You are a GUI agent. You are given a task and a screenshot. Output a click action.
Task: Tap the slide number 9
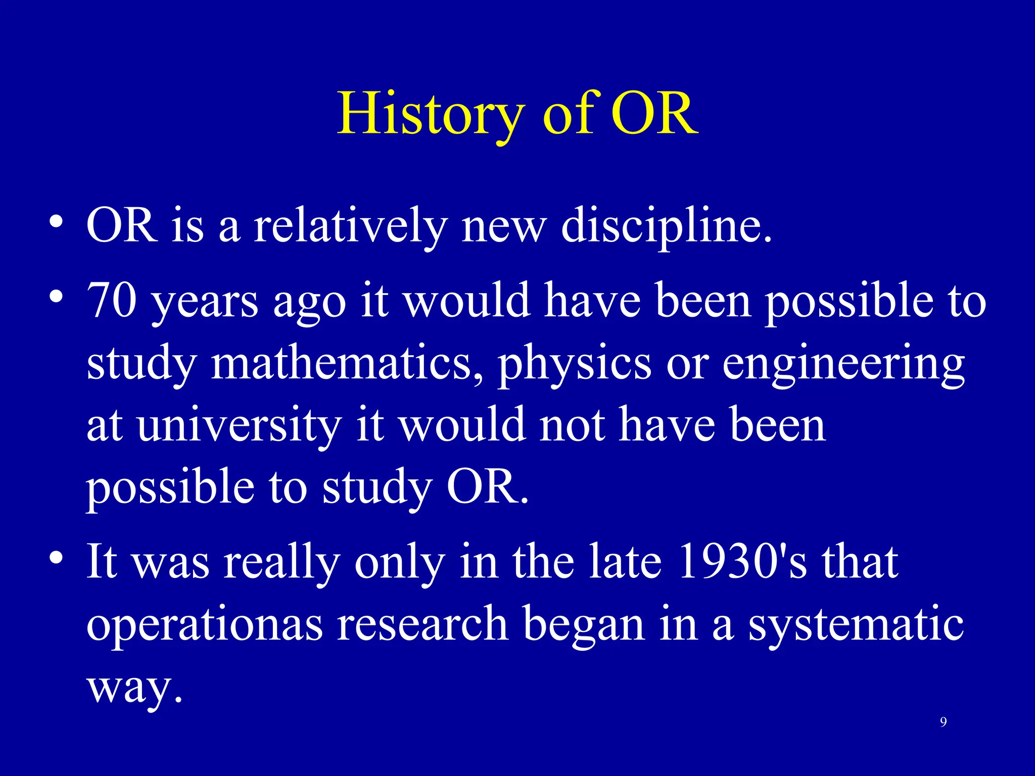click(x=943, y=722)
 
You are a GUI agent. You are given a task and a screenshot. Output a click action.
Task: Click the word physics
click(x=575, y=363)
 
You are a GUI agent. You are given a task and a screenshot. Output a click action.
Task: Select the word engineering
click(x=843, y=363)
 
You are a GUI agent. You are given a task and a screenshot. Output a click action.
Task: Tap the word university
click(x=239, y=425)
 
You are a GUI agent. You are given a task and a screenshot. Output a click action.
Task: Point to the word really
click(x=282, y=562)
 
